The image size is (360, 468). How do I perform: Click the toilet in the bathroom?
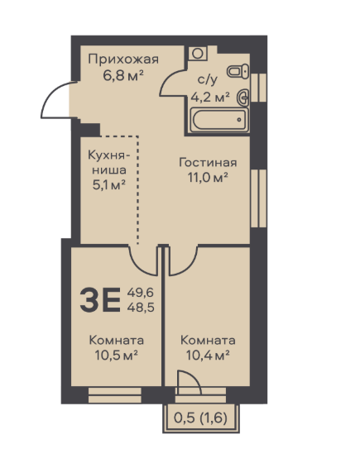[238, 71]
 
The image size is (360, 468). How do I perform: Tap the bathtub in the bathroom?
[219, 120]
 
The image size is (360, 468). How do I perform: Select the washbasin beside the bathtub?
[242, 98]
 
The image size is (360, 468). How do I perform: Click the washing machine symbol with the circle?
[198, 54]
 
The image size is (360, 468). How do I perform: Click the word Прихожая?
[123, 60]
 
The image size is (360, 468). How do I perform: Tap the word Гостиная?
[208, 163]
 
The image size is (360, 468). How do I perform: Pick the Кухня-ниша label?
[109, 163]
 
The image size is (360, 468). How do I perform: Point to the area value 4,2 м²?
[210, 97]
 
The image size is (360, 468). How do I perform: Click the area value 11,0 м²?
[208, 178]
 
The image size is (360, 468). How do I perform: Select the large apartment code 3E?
[100, 299]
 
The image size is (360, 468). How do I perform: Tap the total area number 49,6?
[141, 293]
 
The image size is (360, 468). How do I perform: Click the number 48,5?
[141, 307]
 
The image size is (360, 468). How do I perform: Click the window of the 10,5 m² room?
[115, 395]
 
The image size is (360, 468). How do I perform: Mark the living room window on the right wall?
[258, 198]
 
